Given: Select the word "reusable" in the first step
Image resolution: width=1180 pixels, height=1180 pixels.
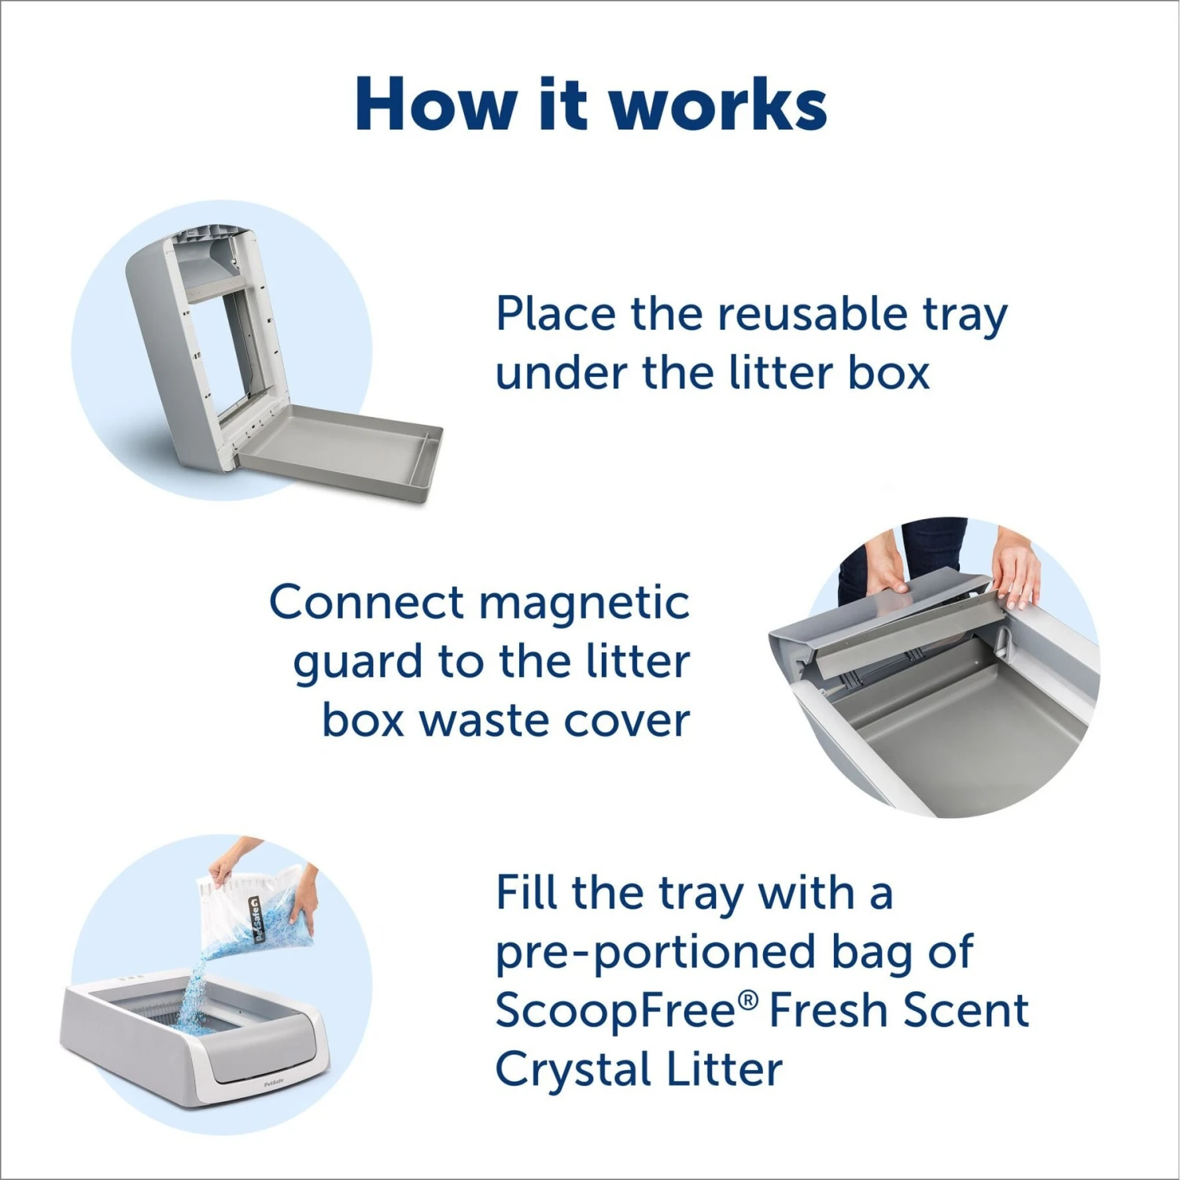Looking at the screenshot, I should (x=811, y=314).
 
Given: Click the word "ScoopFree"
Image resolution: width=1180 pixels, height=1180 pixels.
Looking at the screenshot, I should (x=617, y=1010).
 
